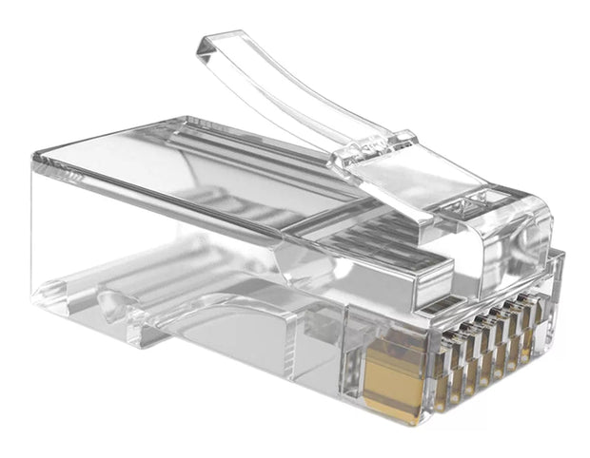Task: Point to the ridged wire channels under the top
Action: click(x=238, y=204)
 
